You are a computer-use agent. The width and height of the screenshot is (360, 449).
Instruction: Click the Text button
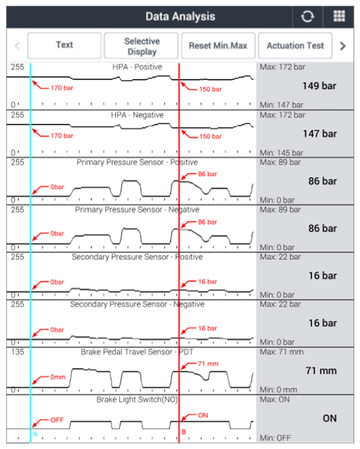(64, 45)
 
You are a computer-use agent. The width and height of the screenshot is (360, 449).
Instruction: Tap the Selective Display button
(141, 46)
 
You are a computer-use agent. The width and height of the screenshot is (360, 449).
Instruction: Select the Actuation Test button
(296, 46)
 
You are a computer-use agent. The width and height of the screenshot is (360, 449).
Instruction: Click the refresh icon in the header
(307, 16)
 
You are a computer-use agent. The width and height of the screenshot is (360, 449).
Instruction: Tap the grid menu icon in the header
(339, 16)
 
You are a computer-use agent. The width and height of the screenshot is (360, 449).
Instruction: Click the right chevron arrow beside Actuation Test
(342, 46)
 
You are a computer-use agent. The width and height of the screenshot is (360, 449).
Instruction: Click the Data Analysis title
(180, 17)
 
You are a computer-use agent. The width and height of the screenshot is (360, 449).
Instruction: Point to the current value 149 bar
(319, 86)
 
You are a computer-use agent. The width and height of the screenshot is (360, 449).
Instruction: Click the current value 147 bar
(320, 134)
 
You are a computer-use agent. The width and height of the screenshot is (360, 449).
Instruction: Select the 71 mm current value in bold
(321, 371)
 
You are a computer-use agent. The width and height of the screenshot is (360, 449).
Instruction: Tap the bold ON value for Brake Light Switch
(330, 418)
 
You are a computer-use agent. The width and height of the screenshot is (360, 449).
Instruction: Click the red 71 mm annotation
(208, 364)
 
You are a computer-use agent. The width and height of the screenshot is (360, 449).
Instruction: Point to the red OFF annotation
(57, 420)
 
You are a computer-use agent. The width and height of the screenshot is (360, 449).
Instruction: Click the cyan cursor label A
(35, 434)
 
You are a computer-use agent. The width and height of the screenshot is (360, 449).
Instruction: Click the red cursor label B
(184, 432)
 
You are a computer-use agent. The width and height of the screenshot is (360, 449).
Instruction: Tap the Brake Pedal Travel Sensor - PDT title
(137, 352)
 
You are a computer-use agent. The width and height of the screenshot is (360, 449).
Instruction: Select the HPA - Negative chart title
(137, 115)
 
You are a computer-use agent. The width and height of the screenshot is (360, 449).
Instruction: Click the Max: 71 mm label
(282, 352)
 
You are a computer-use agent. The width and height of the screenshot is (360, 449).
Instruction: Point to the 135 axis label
(18, 352)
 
